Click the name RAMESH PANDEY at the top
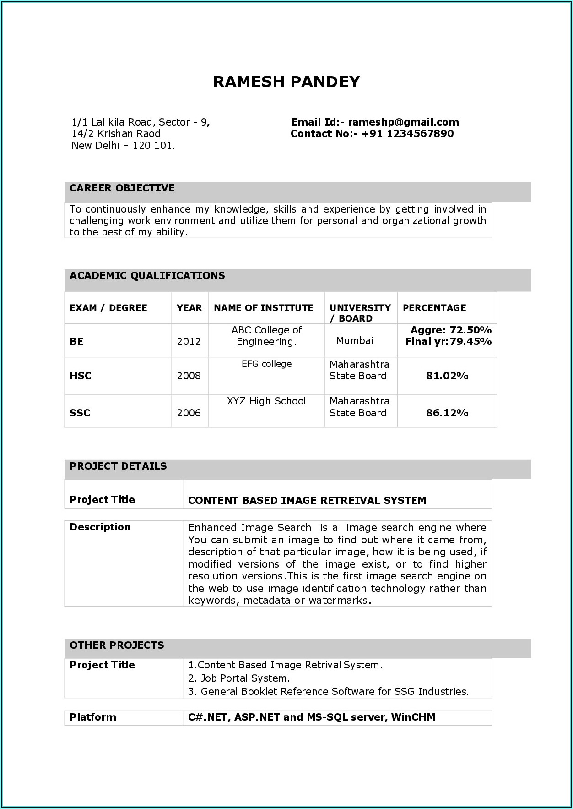pyautogui.click(x=286, y=82)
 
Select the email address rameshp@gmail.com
pyautogui.click(x=403, y=122)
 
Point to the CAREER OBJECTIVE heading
pyautogui.click(x=122, y=188)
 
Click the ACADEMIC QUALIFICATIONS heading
pyautogui.click(x=147, y=276)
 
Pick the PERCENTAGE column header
pyautogui.click(x=434, y=308)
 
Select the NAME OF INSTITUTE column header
pyautogui.click(x=264, y=308)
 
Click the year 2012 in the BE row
pyautogui.click(x=189, y=342)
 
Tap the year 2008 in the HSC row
pyautogui.click(x=189, y=376)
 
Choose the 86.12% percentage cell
pyautogui.click(x=447, y=413)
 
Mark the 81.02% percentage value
pyautogui.click(x=447, y=376)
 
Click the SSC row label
pyautogui.click(x=80, y=413)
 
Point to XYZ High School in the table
pyautogui.click(x=266, y=401)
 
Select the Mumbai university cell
pyautogui.click(x=355, y=340)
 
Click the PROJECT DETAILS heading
pyautogui.click(x=118, y=466)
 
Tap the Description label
pyautogui.click(x=100, y=527)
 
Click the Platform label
pyautogui.click(x=93, y=717)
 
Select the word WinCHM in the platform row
pyautogui.click(x=413, y=717)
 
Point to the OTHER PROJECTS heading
pyautogui.click(x=117, y=645)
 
